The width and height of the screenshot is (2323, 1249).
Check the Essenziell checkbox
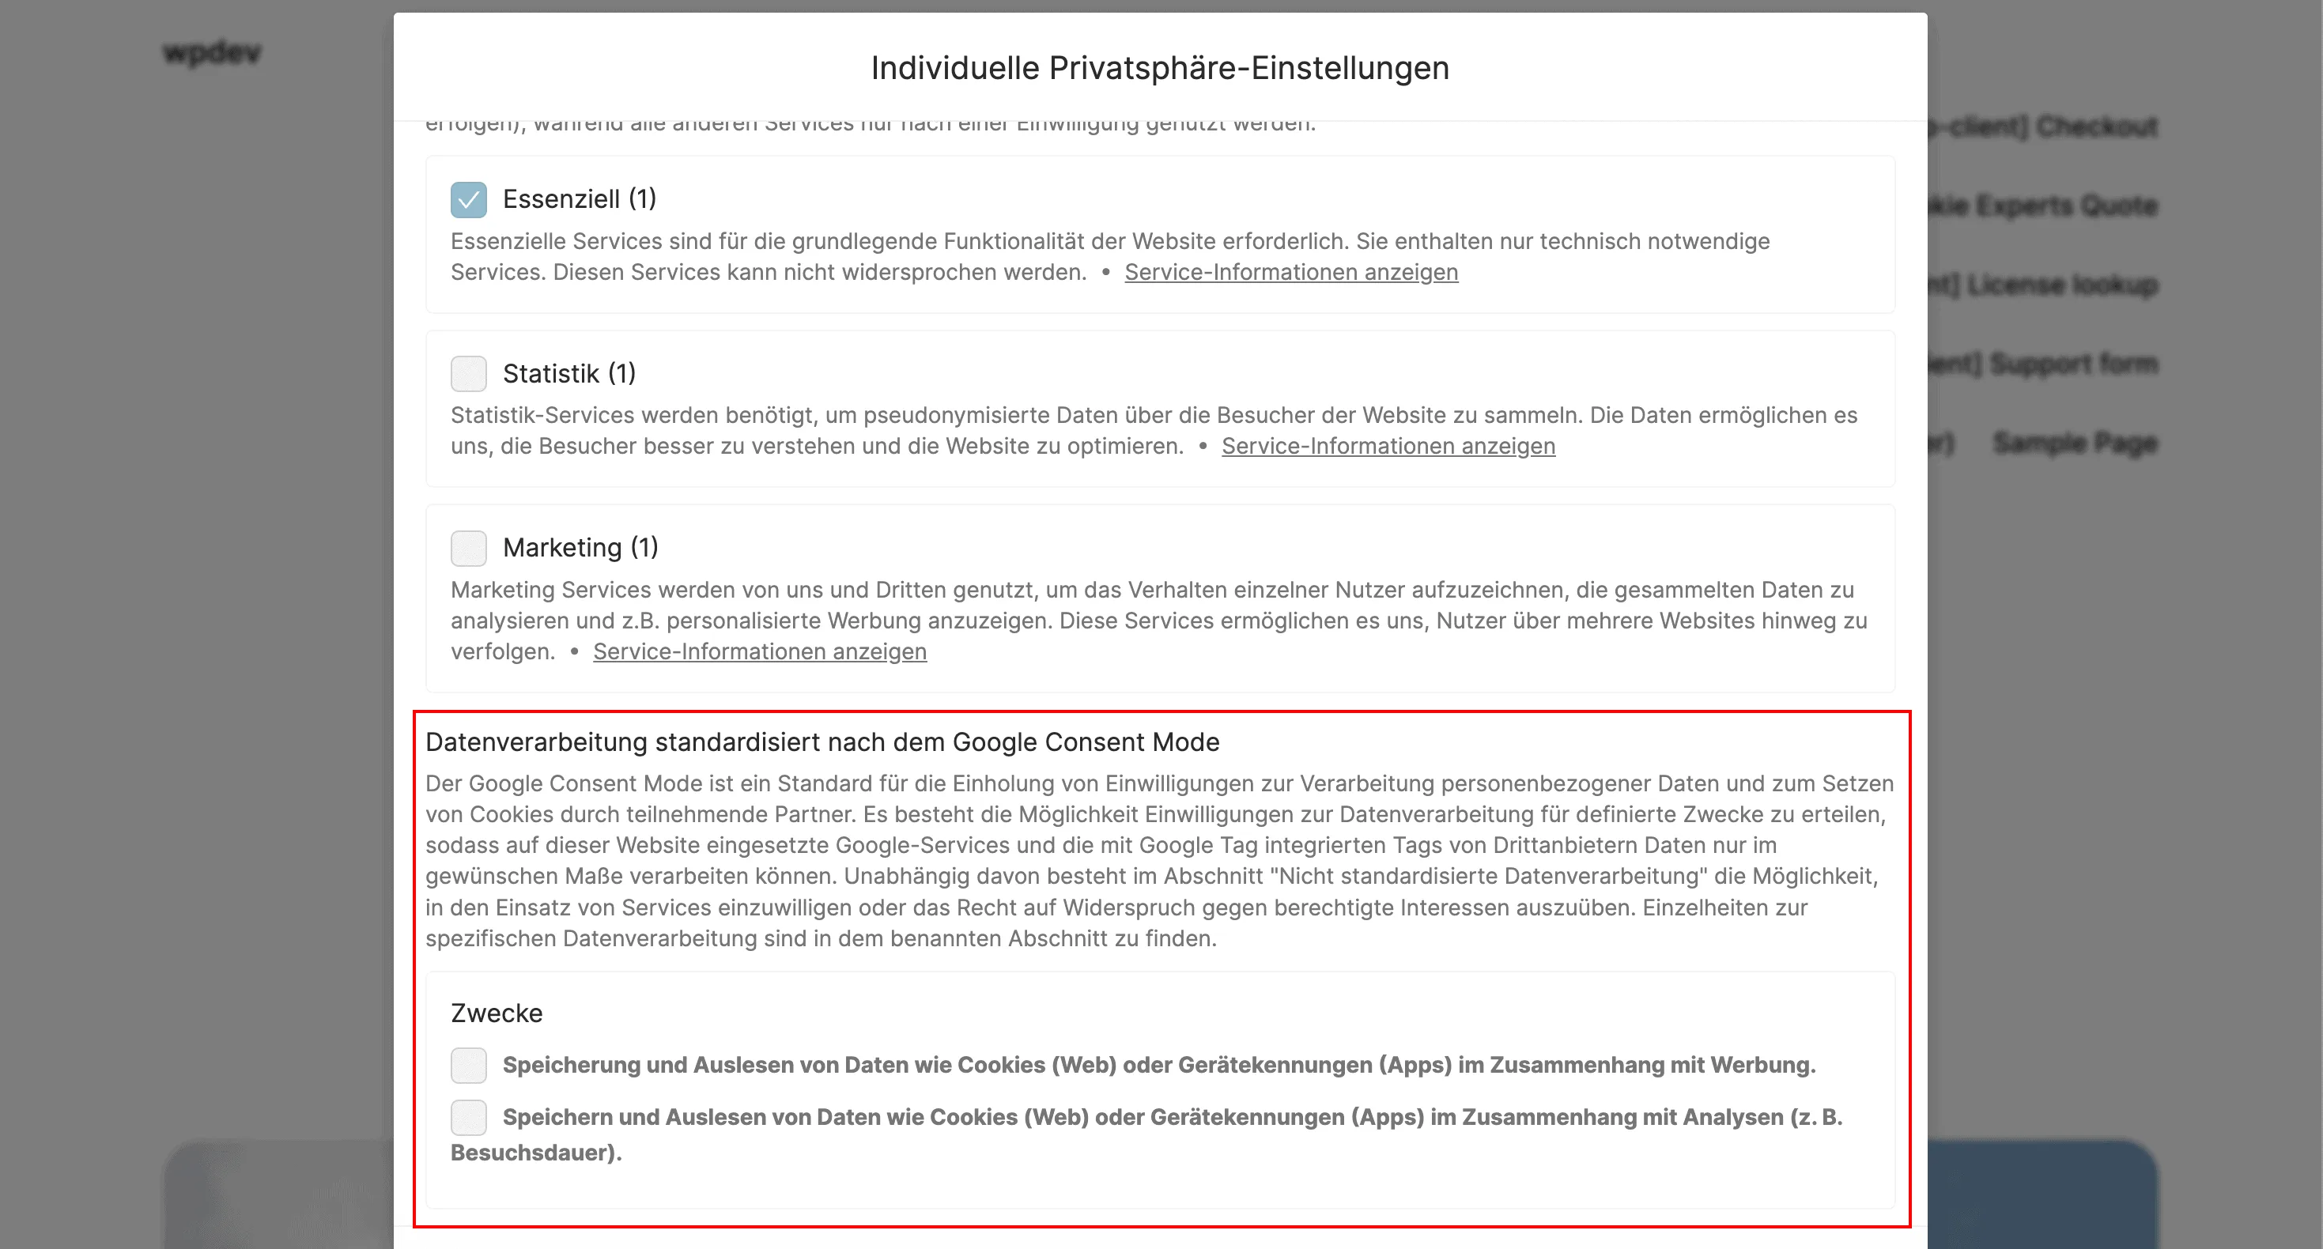coord(468,199)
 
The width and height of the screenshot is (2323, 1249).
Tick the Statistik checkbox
coord(468,373)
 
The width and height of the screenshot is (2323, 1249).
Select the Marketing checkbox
coord(468,547)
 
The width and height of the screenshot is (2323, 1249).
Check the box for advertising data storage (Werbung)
coord(468,1065)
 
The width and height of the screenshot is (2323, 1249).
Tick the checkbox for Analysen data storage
coord(468,1117)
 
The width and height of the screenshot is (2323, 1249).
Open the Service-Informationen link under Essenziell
coord(1290,273)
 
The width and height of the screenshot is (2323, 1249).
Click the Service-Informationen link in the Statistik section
coord(1388,447)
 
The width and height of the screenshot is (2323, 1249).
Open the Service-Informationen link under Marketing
coord(759,652)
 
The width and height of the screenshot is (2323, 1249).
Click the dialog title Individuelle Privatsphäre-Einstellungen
coord(1160,68)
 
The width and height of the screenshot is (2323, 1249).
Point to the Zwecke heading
coord(496,1013)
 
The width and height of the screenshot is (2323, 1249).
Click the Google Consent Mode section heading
coord(822,742)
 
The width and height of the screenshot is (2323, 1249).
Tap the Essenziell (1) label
coord(579,199)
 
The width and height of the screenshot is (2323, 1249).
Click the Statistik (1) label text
coord(569,373)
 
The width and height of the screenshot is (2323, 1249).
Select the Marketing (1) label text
coord(580,547)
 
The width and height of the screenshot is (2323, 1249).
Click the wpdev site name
coord(212,52)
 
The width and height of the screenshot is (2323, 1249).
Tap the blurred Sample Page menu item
coord(2074,443)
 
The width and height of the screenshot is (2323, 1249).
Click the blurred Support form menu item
coord(2072,364)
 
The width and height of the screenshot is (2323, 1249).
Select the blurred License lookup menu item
coord(2061,284)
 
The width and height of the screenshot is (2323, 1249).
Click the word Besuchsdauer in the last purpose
coord(533,1153)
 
